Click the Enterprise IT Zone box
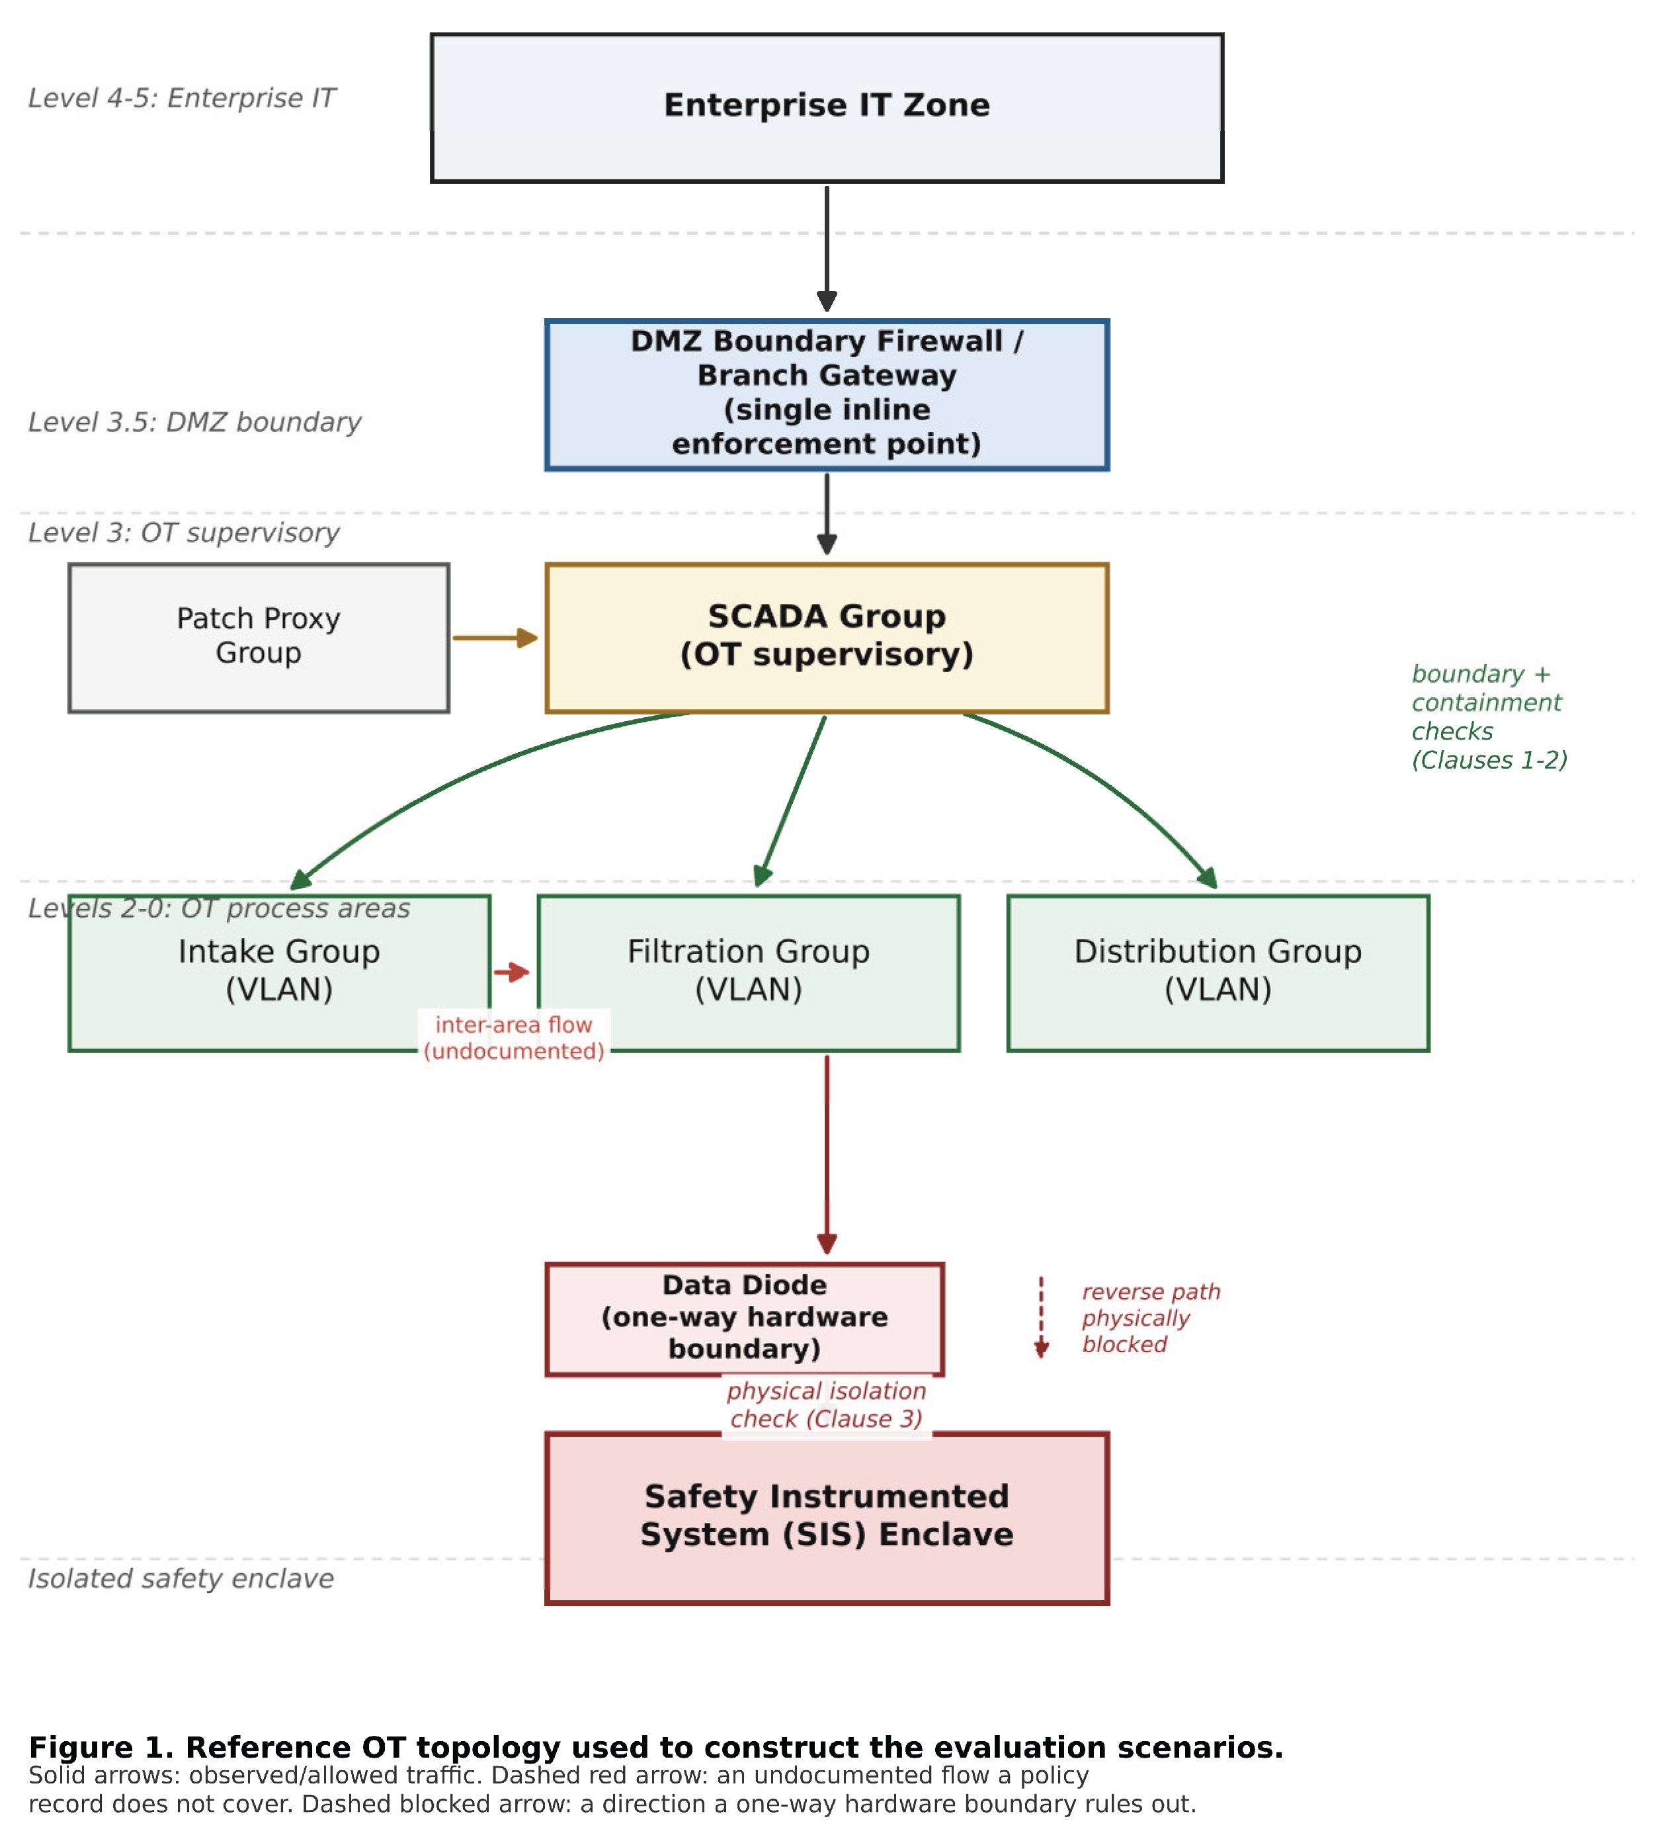(826, 108)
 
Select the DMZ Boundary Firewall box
(826, 395)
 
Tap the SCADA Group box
(826, 638)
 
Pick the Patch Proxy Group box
(259, 638)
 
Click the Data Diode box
(744, 1319)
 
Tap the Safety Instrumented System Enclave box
(826, 1518)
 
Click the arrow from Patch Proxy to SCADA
(495, 638)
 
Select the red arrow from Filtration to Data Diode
(826, 1155)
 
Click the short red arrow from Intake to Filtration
(512, 972)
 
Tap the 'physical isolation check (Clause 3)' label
(826, 1405)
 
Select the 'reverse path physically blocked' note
(1151, 1318)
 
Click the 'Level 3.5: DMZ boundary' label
(194, 423)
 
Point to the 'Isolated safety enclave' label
(181, 1579)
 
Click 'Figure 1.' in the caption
(101, 1747)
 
